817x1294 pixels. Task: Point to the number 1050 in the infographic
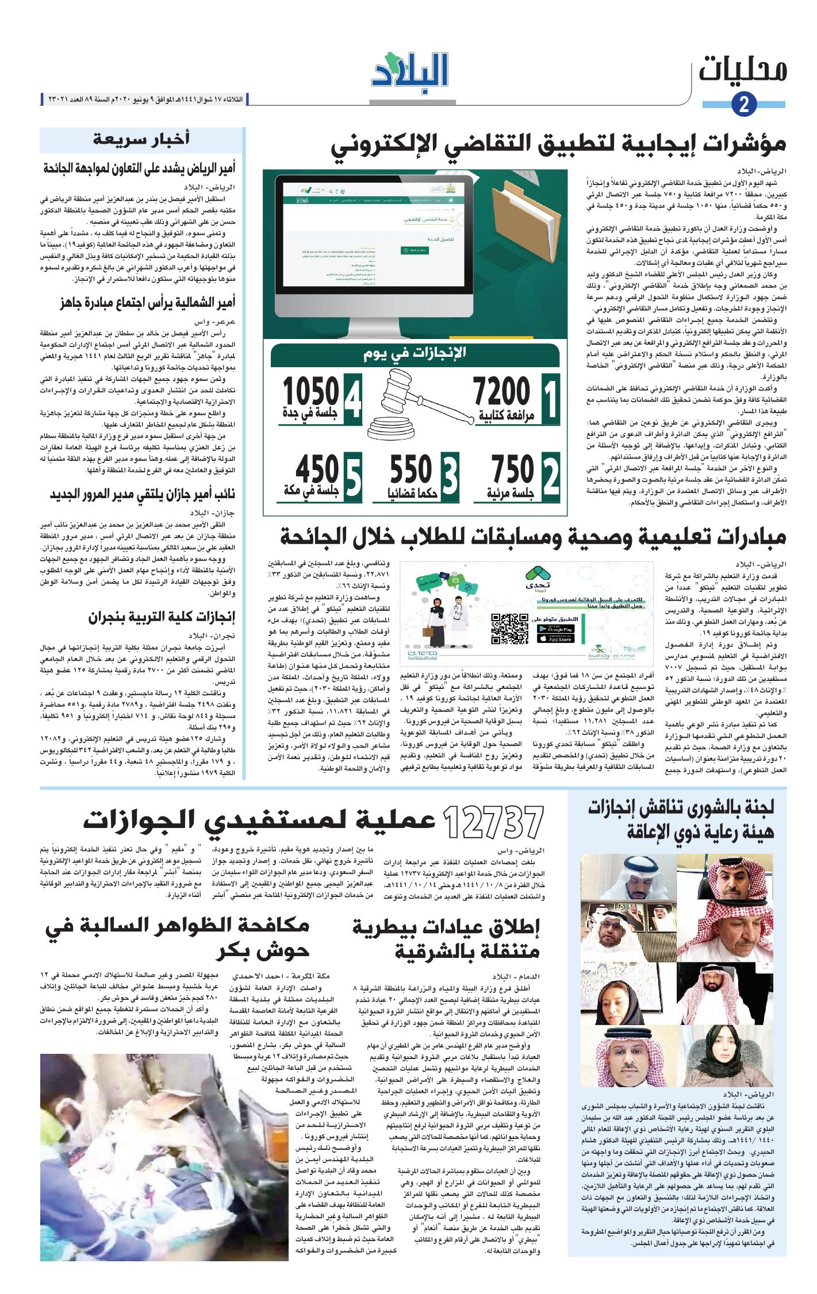(310, 393)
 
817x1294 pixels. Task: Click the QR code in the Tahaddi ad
(509, 628)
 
